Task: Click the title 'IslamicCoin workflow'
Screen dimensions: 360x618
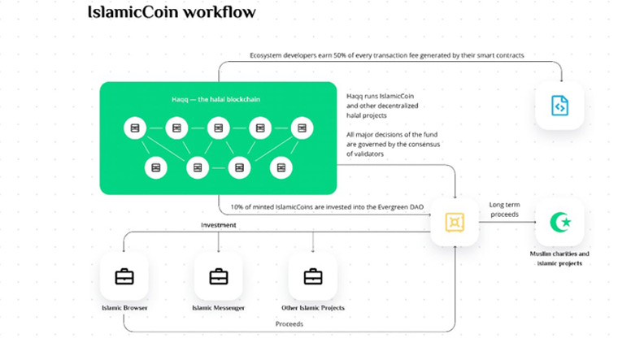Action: tap(171, 12)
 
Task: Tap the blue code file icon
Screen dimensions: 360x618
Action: tap(559, 106)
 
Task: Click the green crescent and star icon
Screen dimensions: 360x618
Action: tap(559, 222)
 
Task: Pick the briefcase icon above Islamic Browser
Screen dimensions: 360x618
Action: tap(124, 277)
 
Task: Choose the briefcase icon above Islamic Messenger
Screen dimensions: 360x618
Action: tap(219, 277)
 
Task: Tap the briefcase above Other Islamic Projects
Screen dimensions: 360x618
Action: tap(313, 277)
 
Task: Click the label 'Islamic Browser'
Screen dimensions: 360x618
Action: tap(124, 308)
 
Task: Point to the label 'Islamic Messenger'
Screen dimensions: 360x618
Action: tap(219, 308)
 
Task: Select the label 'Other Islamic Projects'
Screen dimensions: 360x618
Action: tap(313, 308)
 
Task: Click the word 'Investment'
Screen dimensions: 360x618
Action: tap(219, 224)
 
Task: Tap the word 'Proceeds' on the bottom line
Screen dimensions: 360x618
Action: tap(289, 323)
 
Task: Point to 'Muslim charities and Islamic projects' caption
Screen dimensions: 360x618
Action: tap(559, 258)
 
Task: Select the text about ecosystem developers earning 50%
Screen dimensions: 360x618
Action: tap(386, 55)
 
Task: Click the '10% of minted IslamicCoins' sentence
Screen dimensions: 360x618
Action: tap(327, 207)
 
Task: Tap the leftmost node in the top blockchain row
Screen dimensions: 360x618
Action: tap(133, 128)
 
